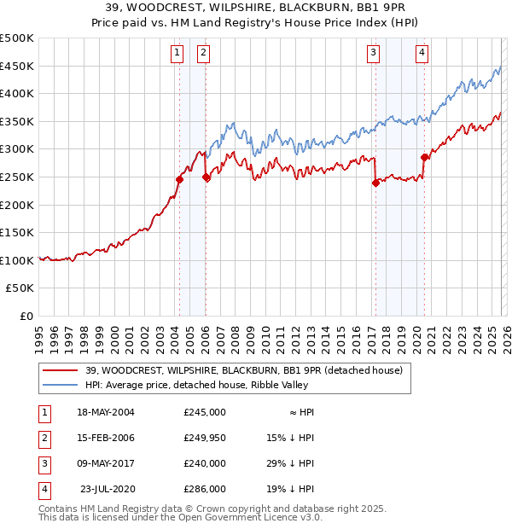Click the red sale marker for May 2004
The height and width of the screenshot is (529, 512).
coord(179,179)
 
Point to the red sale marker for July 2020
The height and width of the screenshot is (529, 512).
coord(424,156)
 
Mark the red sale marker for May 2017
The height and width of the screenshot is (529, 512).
coord(375,182)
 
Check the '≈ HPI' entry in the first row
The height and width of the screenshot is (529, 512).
coord(297,411)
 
